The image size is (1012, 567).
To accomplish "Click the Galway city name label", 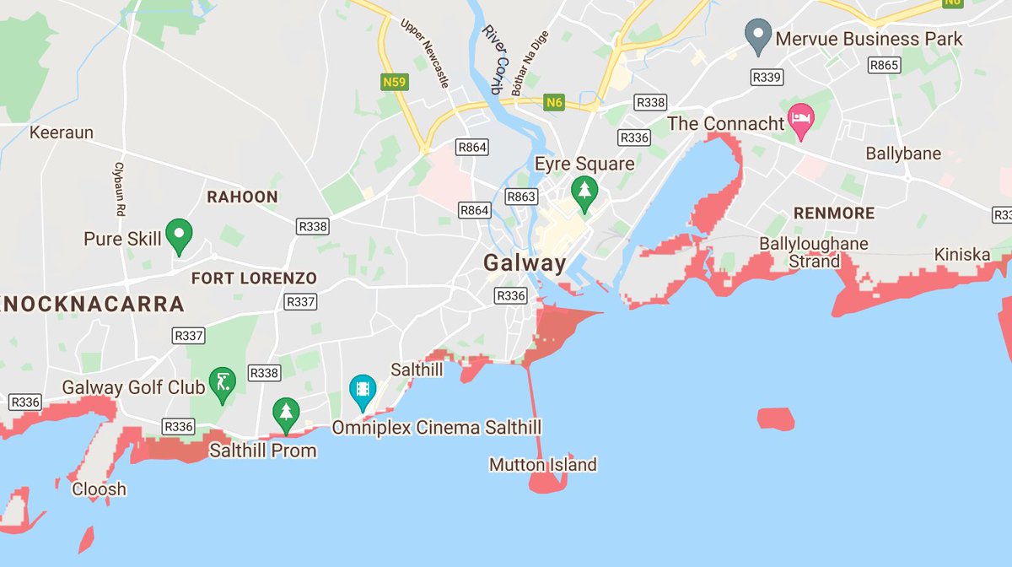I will coord(525,263).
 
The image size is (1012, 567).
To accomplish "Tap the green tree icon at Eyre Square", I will coord(583,192).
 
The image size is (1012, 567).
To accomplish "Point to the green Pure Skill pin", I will coord(178,235).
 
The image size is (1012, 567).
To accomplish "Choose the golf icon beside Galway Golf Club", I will coord(222,384).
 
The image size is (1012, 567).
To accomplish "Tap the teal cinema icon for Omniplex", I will coord(363,391).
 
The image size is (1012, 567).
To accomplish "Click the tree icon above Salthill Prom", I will coord(287,414).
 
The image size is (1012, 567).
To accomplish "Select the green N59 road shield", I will coord(395,82).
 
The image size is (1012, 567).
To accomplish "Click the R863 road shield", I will coord(520,197).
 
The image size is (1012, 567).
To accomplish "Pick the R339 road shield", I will coord(767,77).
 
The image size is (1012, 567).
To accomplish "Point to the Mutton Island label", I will coord(543,465).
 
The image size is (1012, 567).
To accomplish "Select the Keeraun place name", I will coord(62,132).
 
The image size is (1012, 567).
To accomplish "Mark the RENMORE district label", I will coord(833,213).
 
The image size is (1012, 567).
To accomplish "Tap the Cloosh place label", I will coord(100,489).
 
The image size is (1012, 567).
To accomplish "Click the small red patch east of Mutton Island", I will coord(776,418).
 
